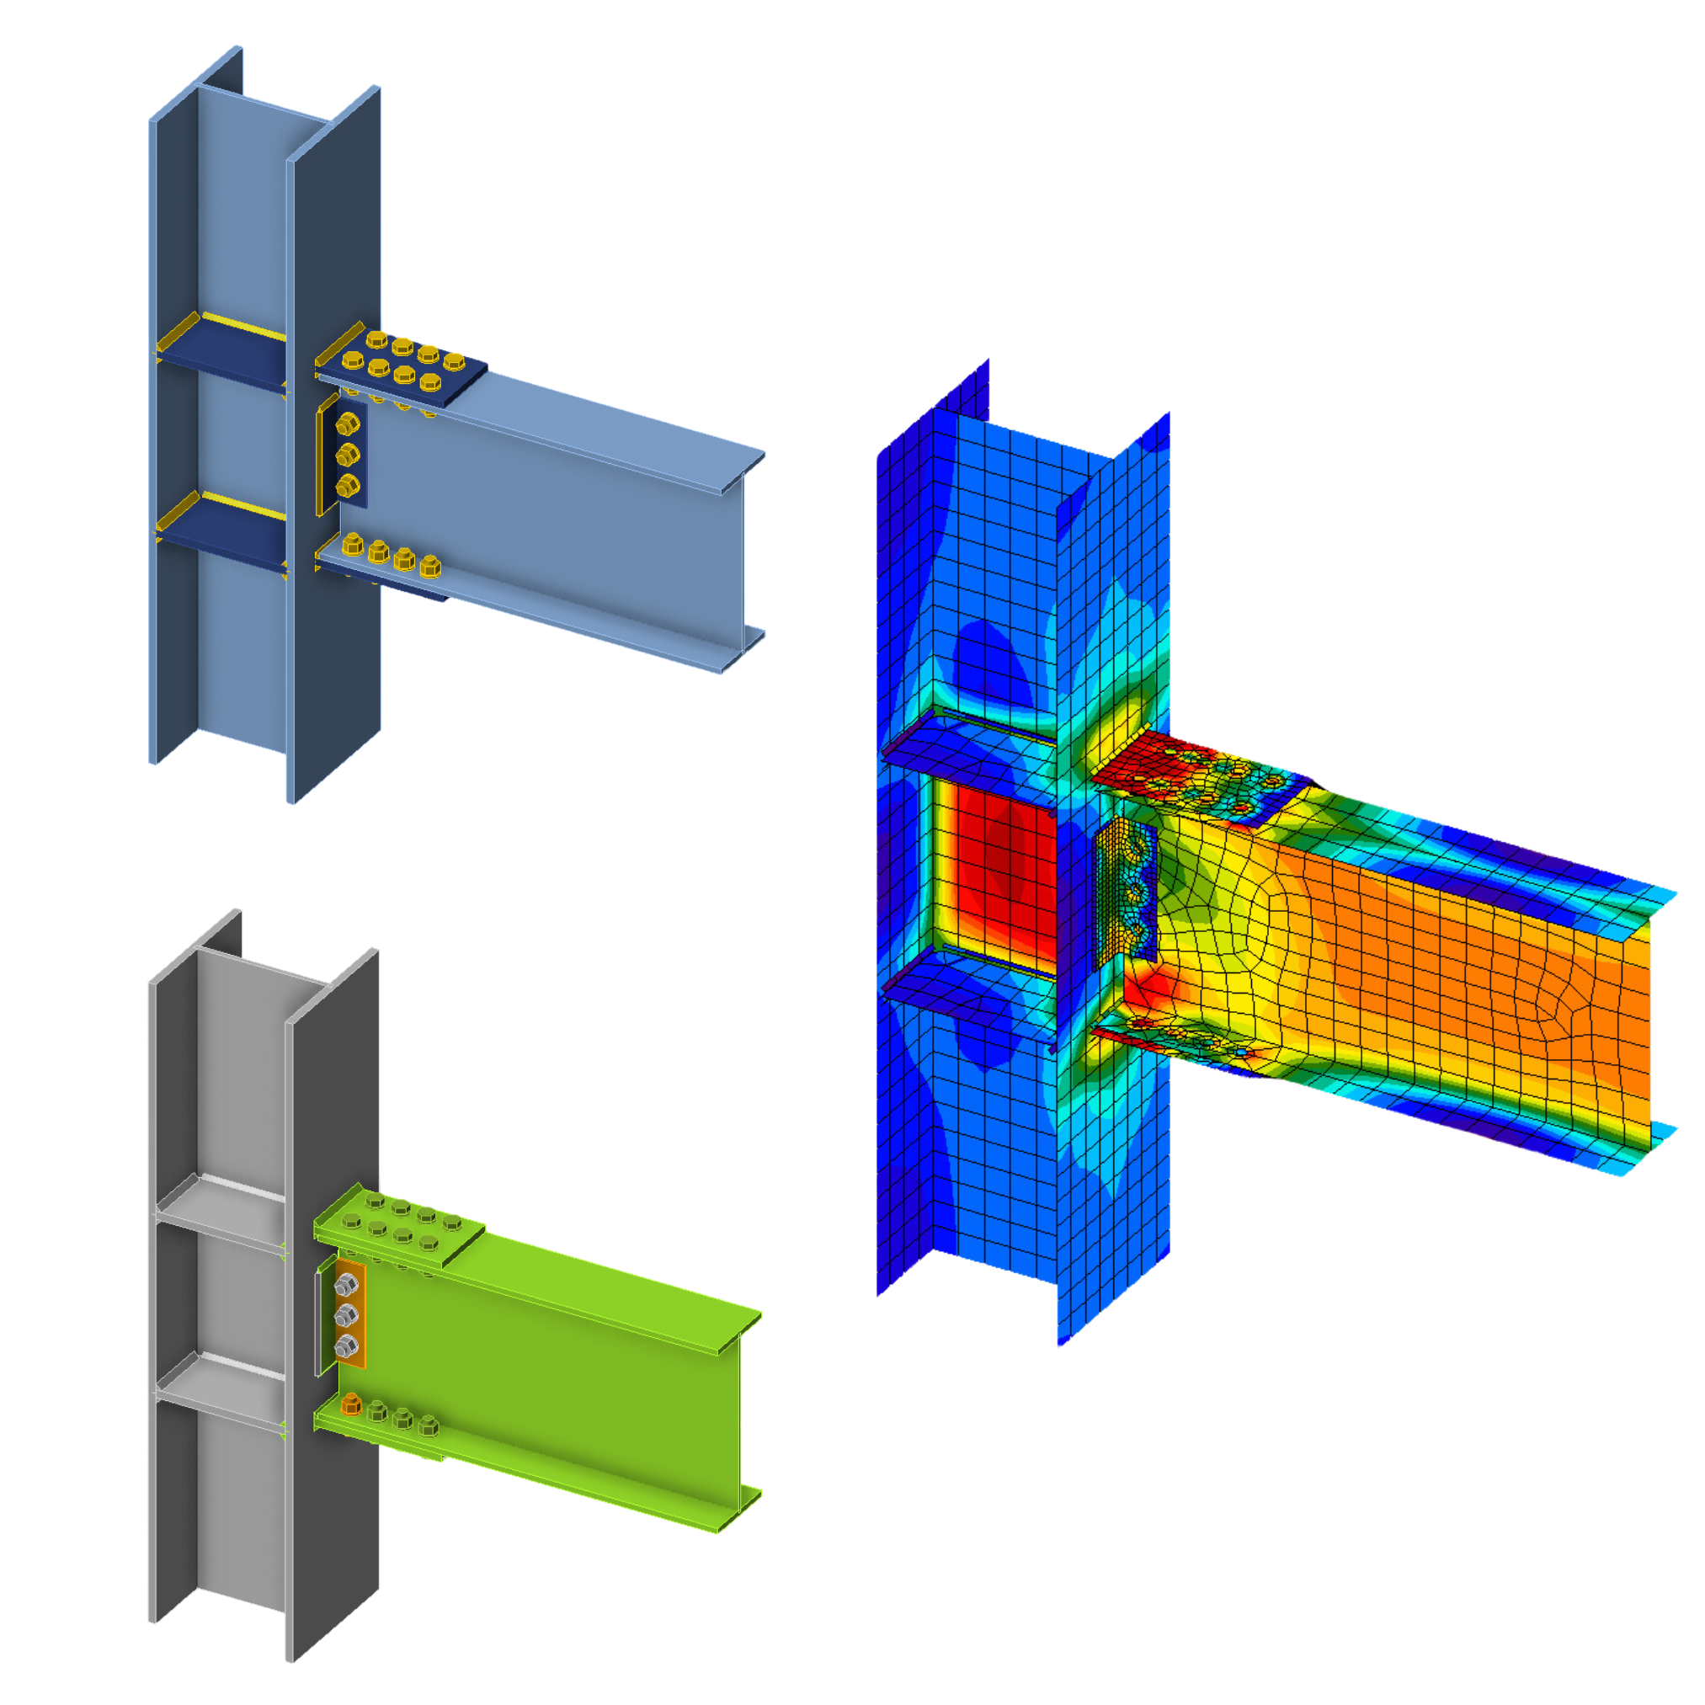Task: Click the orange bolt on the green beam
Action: pos(351,1404)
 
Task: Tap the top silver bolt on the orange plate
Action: pos(346,1287)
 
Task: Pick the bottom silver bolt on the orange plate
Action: pos(346,1346)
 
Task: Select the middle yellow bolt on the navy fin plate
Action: pos(347,456)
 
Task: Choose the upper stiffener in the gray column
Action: pos(221,1212)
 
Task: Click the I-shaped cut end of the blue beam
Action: pos(744,565)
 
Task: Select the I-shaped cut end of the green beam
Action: pos(741,1423)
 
